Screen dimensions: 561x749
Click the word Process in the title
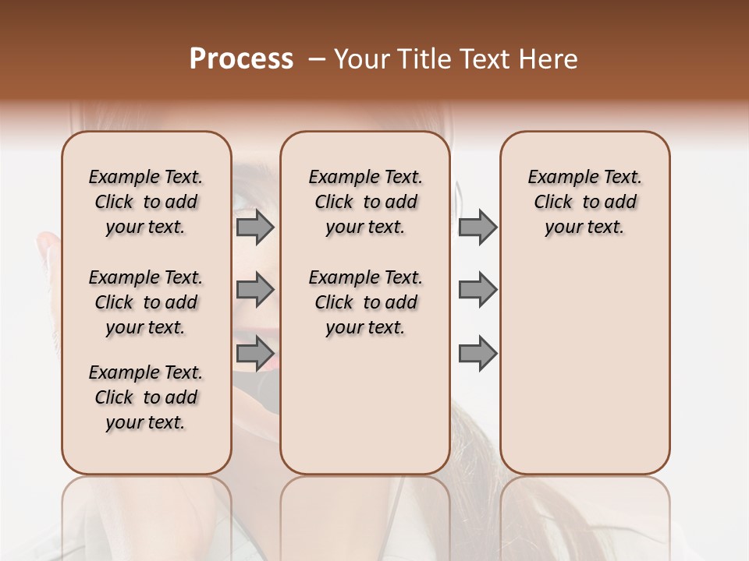pos(241,59)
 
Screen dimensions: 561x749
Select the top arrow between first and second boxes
pos(255,228)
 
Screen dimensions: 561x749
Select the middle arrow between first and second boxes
pos(255,291)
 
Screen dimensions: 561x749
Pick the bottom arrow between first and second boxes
pos(255,354)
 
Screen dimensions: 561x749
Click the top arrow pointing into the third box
pos(477,228)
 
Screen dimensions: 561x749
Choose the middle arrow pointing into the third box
pos(477,291)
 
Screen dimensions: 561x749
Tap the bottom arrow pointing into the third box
pos(477,354)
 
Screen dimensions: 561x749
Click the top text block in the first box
pos(146,202)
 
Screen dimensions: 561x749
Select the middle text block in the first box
pos(146,302)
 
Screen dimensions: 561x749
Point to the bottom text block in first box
pos(146,397)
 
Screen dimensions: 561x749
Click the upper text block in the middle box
pos(365,202)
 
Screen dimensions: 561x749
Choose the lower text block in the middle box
pos(365,302)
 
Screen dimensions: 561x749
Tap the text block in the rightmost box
pos(584,202)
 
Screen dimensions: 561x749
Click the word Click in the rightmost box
pos(553,203)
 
